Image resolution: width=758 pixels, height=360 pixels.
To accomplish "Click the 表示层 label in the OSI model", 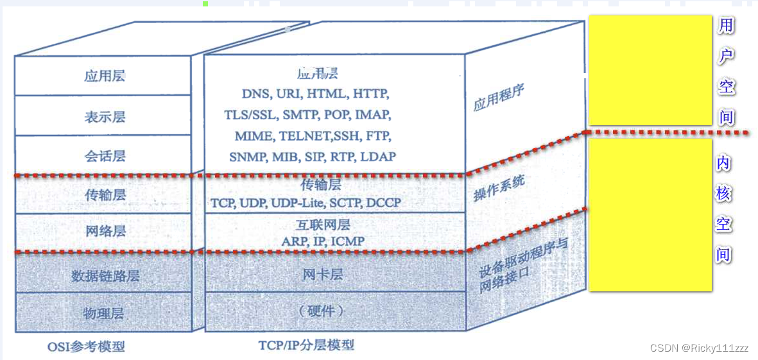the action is click(x=105, y=117).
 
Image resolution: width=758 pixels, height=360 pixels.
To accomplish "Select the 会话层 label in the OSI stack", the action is click(x=105, y=156).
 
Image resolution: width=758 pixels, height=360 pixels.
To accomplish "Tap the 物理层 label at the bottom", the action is click(x=105, y=314).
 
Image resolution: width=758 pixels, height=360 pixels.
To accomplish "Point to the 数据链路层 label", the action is click(x=105, y=277).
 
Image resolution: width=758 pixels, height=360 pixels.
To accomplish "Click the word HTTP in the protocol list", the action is click(x=370, y=94).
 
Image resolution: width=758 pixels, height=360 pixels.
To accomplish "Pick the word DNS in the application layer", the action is click(x=255, y=94).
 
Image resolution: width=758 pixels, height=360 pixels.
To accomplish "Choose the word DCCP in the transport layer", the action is click(x=384, y=203).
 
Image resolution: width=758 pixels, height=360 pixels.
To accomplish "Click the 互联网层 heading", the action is click(x=323, y=226).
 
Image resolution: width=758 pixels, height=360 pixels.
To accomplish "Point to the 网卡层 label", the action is click(x=323, y=275).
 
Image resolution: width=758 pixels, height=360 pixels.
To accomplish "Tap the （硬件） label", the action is click(x=322, y=311).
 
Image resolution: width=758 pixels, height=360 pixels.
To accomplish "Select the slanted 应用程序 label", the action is click(x=499, y=96).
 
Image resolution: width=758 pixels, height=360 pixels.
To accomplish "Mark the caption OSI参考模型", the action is click(x=86, y=347).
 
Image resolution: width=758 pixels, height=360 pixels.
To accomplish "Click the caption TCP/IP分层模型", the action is click(x=306, y=345).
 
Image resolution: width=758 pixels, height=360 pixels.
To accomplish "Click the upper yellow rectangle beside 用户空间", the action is click(x=650, y=70).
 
